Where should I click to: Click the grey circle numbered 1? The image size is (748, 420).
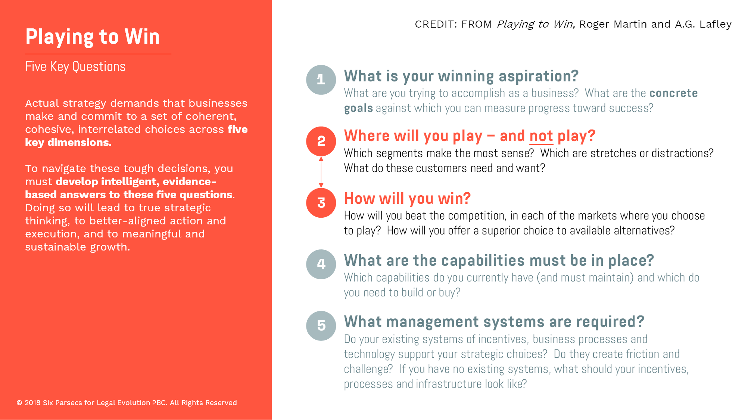coord(321,80)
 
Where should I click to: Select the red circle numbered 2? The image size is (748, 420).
coord(321,141)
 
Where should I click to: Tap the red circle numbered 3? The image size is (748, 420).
coord(321,203)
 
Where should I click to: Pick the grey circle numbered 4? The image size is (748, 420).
coord(321,264)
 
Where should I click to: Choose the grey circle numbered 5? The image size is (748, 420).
coord(321,326)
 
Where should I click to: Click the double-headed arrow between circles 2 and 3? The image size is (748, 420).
coord(321,172)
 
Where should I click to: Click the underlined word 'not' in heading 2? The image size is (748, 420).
coord(541,136)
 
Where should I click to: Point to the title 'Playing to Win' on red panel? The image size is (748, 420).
coord(93,37)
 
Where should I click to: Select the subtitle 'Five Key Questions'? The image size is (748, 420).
coord(75,67)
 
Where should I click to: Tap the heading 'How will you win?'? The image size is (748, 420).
coord(407,199)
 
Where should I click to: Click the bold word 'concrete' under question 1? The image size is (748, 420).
coord(673,93)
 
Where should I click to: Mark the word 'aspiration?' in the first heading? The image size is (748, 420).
coord(539,77)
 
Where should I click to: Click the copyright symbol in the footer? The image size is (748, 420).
coord(19,403)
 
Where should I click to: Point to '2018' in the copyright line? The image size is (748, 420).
coord(32,403)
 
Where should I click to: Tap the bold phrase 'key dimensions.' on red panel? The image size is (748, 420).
coord(68,143)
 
